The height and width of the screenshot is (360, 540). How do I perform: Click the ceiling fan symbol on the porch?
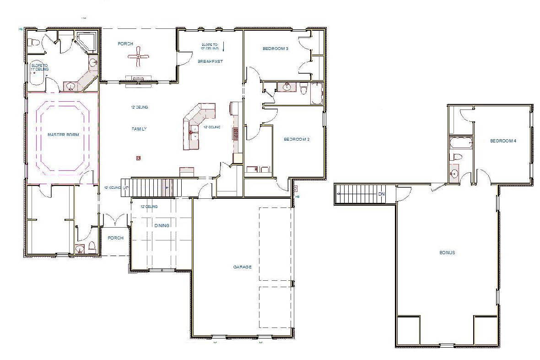[138, 57]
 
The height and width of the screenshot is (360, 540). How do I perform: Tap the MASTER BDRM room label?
[63, 135]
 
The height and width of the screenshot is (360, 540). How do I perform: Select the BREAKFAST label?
[210, 61]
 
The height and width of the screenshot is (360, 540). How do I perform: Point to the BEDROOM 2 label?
[297, 139]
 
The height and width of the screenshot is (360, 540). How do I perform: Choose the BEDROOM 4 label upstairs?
[503, 141]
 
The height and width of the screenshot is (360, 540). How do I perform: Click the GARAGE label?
[242, 267]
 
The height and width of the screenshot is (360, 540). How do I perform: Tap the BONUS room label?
[447, 252]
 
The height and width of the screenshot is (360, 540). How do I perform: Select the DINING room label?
[162, 225]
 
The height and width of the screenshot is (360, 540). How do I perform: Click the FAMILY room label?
[139, 129]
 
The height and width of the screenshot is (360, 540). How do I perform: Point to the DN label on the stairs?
[382, 194]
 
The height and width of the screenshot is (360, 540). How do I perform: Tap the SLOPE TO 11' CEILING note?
[39, 67]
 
